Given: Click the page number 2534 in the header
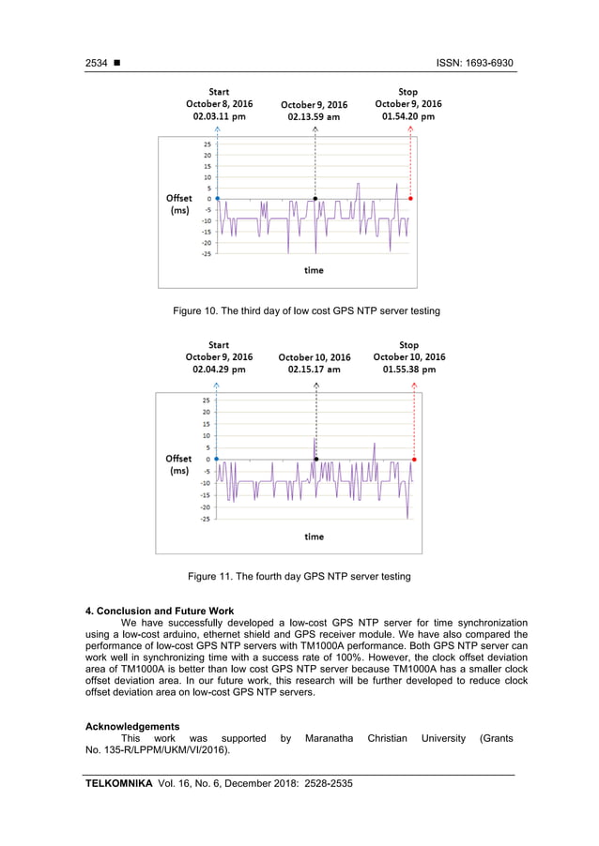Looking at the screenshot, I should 97,63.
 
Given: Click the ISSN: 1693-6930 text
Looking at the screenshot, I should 475,63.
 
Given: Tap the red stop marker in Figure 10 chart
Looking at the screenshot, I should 411,199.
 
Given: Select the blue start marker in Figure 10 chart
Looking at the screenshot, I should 218,199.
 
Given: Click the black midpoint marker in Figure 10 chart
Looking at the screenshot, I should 315,199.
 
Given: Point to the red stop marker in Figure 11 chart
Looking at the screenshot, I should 414,460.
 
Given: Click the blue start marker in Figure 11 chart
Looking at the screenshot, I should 217,460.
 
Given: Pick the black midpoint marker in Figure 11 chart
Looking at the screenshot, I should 316,460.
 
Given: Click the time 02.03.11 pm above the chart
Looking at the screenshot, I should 219,117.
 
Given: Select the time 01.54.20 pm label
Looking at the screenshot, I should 407,117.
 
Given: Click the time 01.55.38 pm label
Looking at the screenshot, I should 408,370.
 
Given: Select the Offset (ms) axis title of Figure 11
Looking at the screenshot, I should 178,465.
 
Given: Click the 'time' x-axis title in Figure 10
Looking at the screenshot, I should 314,270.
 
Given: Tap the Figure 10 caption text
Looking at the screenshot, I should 306,310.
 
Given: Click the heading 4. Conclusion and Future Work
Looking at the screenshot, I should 160,612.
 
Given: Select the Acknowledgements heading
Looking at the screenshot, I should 132,727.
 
